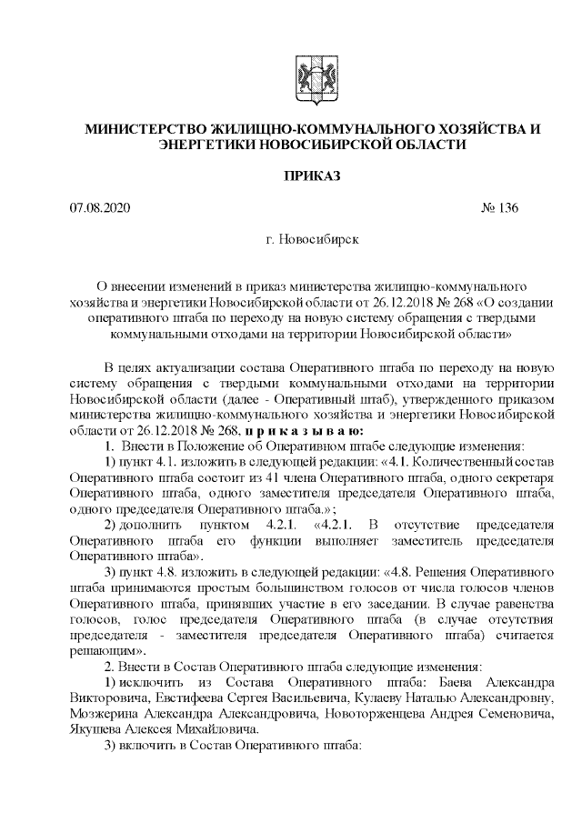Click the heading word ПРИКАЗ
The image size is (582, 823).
coord(312,176)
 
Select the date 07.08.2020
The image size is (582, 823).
coord(100,208)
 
